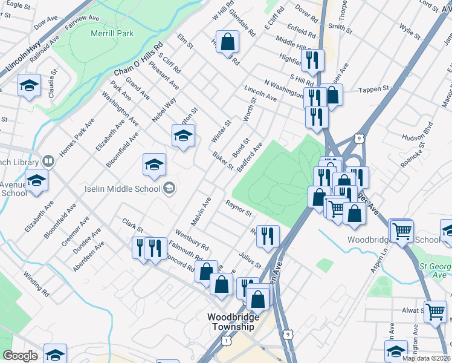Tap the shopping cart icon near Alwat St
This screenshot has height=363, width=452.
pyautogui.click(x=435, y=312)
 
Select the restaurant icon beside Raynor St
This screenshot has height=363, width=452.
pyautogui.click(x=268, y=236)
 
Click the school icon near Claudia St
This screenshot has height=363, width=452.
pyautogui.click(x=28, y=86)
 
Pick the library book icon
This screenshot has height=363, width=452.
pyautogui.click(x=48, y=162)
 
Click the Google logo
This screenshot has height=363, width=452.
pyautogui.click(x=20, y=356)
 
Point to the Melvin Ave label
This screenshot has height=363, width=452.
pyautogui.click(x=202, y=209)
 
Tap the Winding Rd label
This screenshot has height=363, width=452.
pyautogui.click(x=36, y=283)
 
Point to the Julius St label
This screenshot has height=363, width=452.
pyautogui.click(x=250, y=260)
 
